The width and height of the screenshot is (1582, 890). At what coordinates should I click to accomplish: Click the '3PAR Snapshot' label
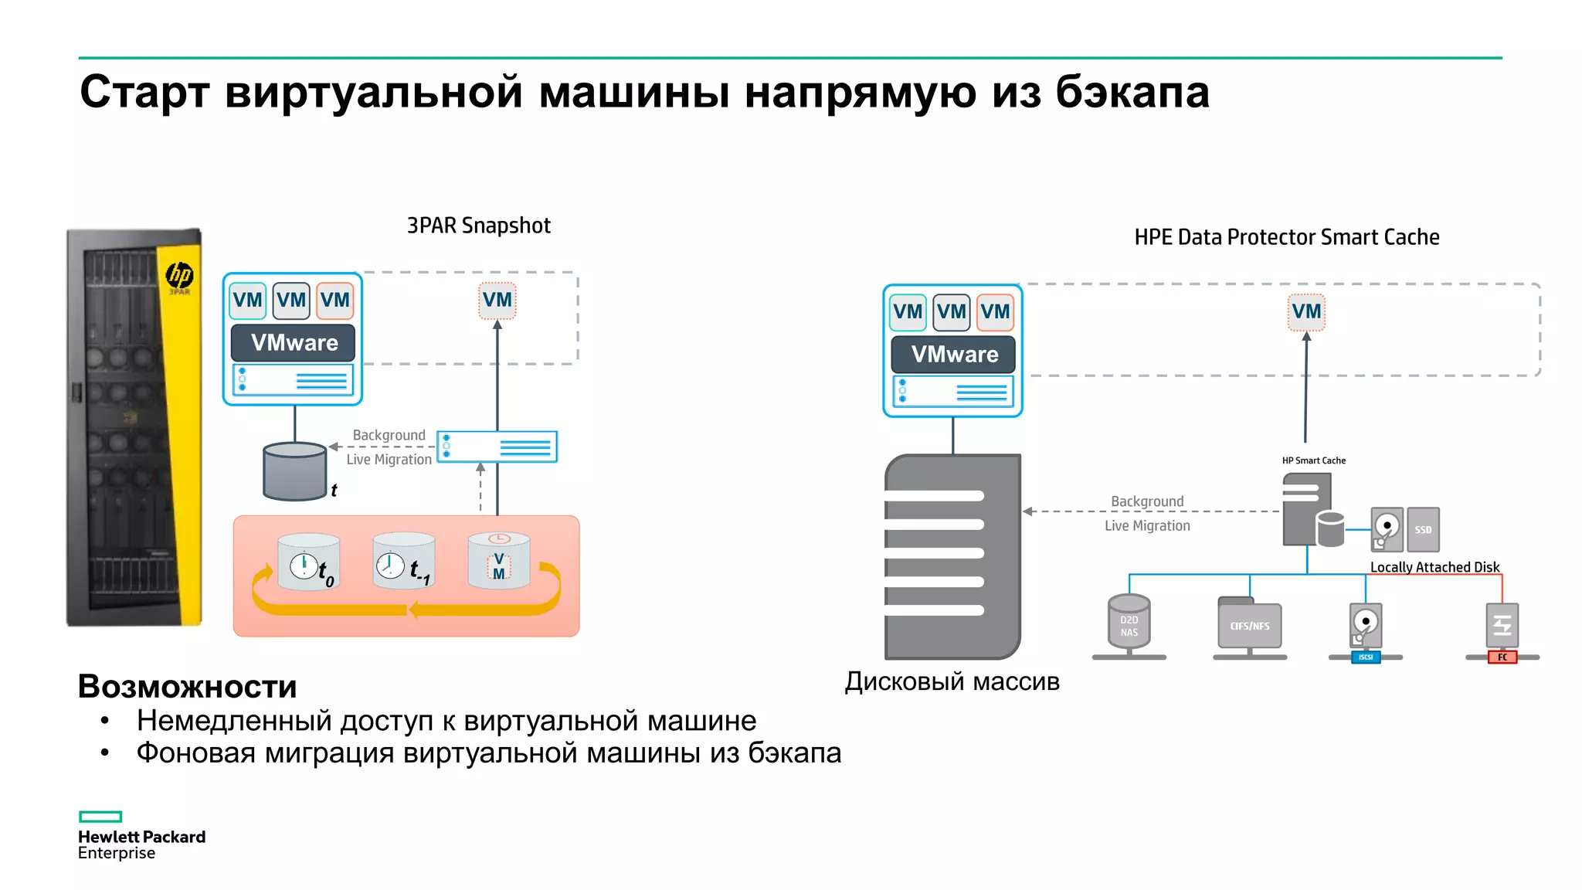pyautogui.click(x=478, y=226)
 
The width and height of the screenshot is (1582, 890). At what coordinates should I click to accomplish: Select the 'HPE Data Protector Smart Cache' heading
pyautogui.click(x=1286, y=237)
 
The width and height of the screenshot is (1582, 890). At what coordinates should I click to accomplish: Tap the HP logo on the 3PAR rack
pyautogui.click(x=179, y=275)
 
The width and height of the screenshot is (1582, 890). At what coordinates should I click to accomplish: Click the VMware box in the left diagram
pyautogui.click(x=294, y=343)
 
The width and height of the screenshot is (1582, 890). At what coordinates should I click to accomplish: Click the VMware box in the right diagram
pyautogui.click(x=954, y=355)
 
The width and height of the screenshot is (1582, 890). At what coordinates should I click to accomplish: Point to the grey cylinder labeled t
pyautogui.click(x=294, y=471)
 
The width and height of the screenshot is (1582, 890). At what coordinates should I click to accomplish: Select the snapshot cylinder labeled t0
pyautogui.click(x=308, y=562)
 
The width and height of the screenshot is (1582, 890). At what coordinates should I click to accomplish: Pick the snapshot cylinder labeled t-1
pyautogui.click(x=403, y=561)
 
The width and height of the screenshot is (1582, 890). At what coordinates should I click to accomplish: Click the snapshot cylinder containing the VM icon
pyautogui.click(x=499, y=562)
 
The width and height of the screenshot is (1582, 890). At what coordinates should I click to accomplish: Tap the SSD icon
pyautogui.click(x=1423, y=529)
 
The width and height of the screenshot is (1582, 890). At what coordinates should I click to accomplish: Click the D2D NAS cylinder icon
pyautogui.click(x=1129, y=621)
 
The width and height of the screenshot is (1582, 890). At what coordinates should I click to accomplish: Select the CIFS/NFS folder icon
pyautogui.click(x=1249, y=624)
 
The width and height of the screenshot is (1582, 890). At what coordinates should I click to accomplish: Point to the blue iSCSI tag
pyautogui.click(x=1366, y=657)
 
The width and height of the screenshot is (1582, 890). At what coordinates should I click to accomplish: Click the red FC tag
pyautogui.click(x=1502, y=657)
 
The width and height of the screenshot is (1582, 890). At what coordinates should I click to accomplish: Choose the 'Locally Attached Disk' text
pyautogui.click(x=1434, y=567)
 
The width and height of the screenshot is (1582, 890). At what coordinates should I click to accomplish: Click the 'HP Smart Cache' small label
pyautogui.click(x=1313, y=460)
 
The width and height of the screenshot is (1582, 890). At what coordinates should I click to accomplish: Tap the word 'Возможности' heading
pyautogui.click(x=188, y=686)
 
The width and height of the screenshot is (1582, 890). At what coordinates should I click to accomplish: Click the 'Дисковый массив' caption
pyautogui.click(x=952, y=681)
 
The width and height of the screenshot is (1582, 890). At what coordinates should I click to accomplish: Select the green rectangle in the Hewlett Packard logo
pyautogui.click(x=100, y=817)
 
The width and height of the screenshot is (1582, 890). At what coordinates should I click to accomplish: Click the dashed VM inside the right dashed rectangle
pyautogui.click(x=1306, y=312)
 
